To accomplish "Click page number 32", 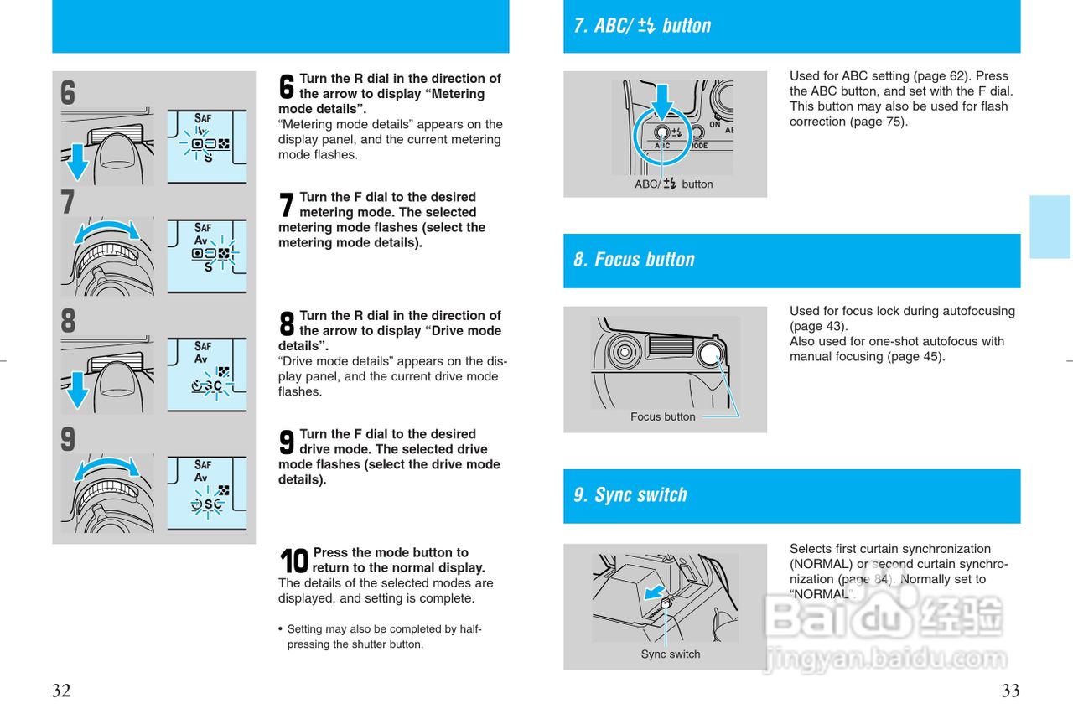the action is coord(61,691).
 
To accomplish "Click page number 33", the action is coord(1011,691).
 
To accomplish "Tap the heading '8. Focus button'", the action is coord(634,260).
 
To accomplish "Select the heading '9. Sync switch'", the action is coord(630,495).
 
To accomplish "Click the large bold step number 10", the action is coord(293,561).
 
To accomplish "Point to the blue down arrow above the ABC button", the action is coord(662,102).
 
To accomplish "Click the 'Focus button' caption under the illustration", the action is coord(662,417).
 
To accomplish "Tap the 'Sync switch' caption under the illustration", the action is coord(670,654).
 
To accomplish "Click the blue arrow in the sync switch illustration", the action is coord(655,592).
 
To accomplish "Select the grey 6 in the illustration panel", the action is coord(68,93).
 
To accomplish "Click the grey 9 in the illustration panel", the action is coord(68,439).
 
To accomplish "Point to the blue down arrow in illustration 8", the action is coord(77,391).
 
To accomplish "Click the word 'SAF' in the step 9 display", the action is coord(203,465).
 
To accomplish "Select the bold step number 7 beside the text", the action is coord(286,204).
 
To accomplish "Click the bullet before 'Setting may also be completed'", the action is coord(281,629).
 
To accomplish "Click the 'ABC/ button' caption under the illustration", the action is coord(673,184).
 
